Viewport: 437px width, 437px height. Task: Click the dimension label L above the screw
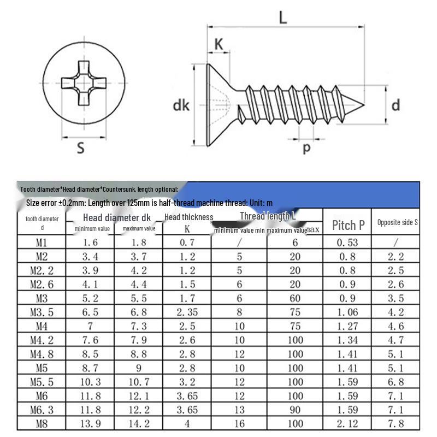[282, 17]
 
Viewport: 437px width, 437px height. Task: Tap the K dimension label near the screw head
[219, 45]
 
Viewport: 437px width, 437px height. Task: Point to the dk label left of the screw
[181, 105]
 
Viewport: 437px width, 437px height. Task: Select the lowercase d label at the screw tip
[395, 104]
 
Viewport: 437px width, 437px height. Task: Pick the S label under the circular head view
[80, 147]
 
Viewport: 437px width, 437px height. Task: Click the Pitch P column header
[349, 225]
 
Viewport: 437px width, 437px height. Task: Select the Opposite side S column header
[397, 222]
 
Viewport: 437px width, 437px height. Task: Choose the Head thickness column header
[188, 217]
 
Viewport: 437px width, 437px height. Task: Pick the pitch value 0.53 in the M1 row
[347, 243]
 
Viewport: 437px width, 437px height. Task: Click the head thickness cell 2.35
[187, 312]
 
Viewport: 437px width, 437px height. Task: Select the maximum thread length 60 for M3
[295, 298]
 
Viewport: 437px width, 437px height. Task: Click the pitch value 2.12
[347, 423]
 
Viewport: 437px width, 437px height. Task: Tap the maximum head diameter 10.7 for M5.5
[139, 382]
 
